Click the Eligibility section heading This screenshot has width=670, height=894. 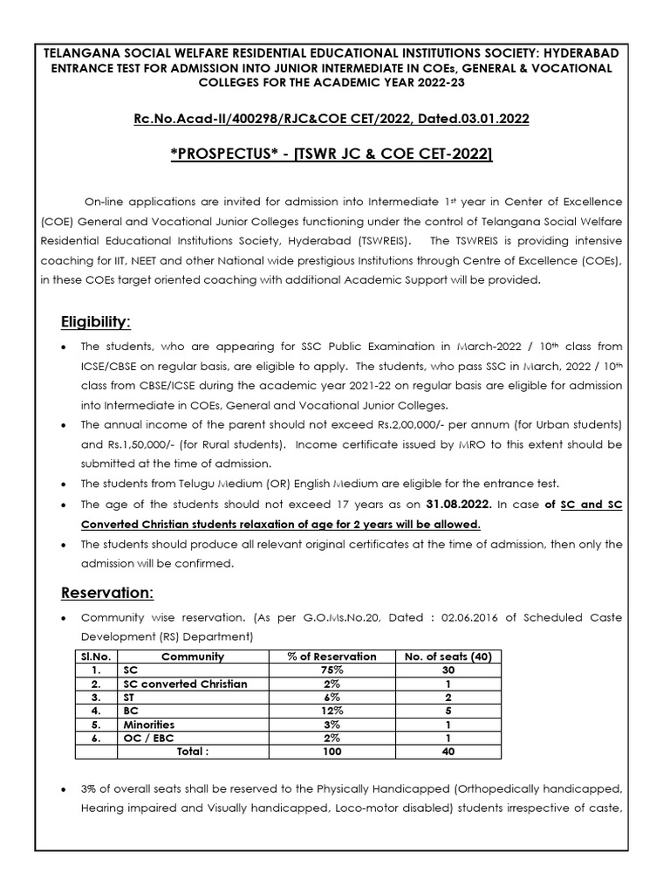(x=95, y=322)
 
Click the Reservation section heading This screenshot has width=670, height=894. (x=106, y=593)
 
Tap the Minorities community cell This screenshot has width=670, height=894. (x=148, y=725)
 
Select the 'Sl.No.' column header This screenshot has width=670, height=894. (x=93, y=656)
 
